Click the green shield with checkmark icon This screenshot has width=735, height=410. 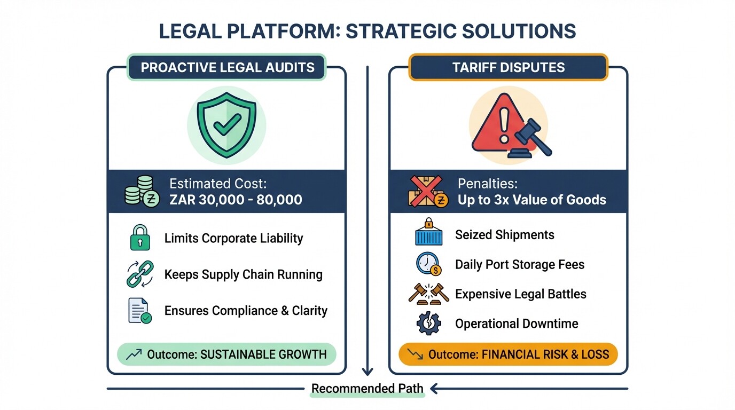coord(226,123)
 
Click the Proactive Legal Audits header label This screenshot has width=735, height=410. coord(226,68)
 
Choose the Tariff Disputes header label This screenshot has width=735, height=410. coord(508,68)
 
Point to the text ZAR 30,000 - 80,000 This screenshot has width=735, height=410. coord(236,200)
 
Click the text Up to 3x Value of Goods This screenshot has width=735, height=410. coord(531,200)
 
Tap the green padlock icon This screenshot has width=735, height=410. coord(140,238)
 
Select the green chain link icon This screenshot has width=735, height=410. coord(140,274)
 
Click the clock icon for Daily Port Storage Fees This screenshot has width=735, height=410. coord(428,264)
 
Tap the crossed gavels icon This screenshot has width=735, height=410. coord(428,294)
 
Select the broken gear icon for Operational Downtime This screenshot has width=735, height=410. coord(428,324)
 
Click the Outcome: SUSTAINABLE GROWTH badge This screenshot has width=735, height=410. coord(226,354)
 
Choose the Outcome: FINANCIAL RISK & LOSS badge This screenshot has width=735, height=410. coord(508,354)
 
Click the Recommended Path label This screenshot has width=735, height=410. coord(367,389)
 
